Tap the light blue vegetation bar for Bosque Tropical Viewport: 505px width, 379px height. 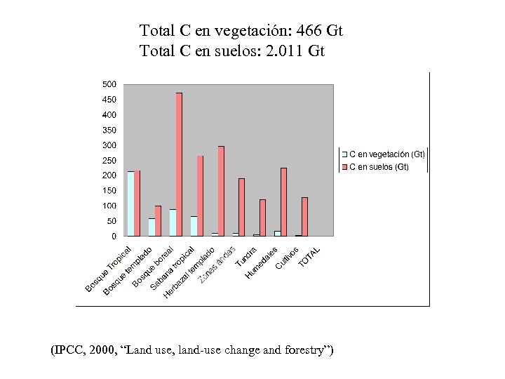click(130, 204)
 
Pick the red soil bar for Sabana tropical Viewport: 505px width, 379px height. click(200, 196)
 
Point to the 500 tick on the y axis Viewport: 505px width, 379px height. click(109, 84)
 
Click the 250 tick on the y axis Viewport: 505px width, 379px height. click(109, 161)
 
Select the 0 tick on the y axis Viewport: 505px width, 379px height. click(113, 237)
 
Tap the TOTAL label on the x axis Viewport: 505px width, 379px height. click(309, 257)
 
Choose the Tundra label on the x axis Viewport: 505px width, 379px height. click(246, 257)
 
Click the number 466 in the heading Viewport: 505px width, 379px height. click(310, 31)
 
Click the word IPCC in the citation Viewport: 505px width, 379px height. click(71, 350)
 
